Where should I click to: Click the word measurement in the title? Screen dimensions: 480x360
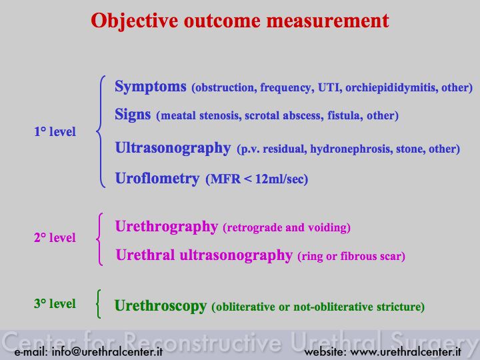click(x=327, y=21)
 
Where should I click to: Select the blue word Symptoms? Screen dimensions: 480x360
click(x=151, y=87)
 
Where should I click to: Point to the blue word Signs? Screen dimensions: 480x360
click(x=133, y=115)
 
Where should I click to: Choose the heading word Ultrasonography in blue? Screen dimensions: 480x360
click(x=173, y=149)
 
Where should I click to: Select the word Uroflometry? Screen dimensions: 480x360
click(x=157, y=179)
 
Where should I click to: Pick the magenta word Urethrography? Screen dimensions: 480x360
click(x=167, y=227)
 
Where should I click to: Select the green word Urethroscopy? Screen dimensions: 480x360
click(x=161, y=306)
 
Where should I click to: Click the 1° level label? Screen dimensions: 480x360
click(x=55, y=131)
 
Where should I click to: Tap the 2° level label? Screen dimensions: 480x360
click(x=55, y=237)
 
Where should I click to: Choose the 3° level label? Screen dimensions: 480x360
click(x=55, y=304)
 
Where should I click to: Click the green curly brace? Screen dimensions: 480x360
click(x=98, y=304)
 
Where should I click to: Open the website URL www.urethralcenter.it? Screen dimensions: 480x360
click(x=405, y=352)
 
